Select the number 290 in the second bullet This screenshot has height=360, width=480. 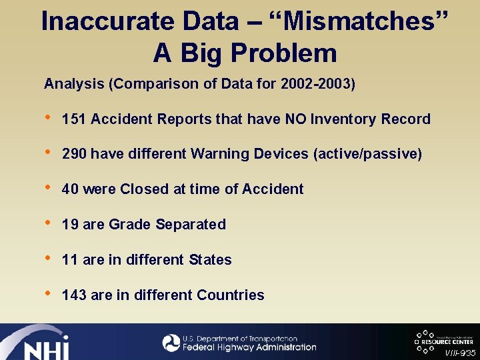point(74,154)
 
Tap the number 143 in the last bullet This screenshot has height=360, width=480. point(74,295)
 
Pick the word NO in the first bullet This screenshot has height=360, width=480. point(295,119)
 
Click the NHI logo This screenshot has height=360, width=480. point(40,343)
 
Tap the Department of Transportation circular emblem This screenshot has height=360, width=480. point(171,343)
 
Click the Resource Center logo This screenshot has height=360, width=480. point(443,339)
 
